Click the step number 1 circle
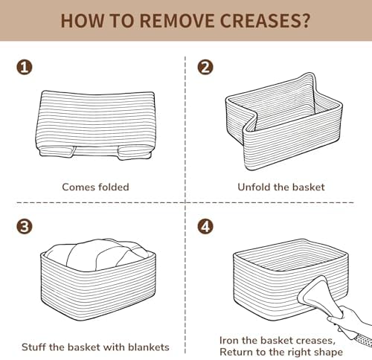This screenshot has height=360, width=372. click(x=25, y=68)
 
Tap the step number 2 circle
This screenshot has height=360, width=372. click(x=205, y=68)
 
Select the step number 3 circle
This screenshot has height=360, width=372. click(x=25, y=227)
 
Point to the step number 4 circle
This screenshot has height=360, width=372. click(x=205, y=227)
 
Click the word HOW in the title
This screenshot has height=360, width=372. click(x=82, y=21)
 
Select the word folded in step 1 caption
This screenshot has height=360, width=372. click(x=114, y=187)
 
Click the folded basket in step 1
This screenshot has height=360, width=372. click(x=96, y=125)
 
